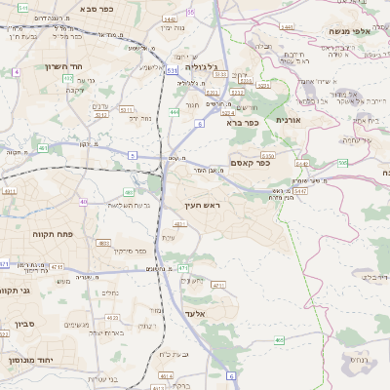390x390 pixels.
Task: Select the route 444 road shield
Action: [175, 113]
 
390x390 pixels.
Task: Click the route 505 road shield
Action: [342, 163]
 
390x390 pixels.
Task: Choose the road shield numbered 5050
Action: [268, 154]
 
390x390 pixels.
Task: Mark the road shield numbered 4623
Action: [113, 317]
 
